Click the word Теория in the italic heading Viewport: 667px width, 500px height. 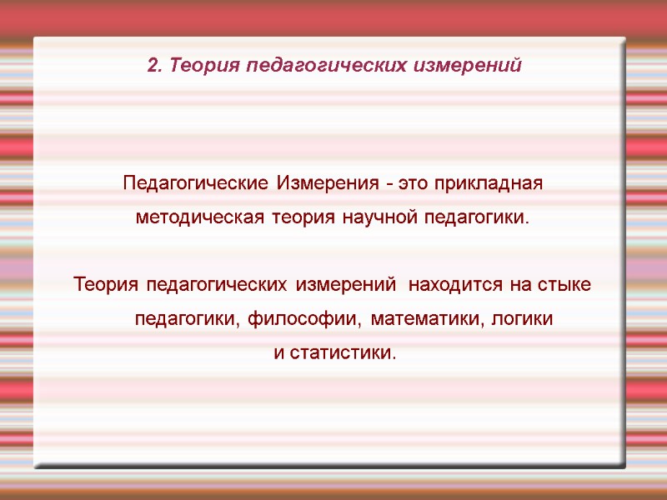click(x=196, y=65)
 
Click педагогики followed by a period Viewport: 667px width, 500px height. click(x=477, y=218)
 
